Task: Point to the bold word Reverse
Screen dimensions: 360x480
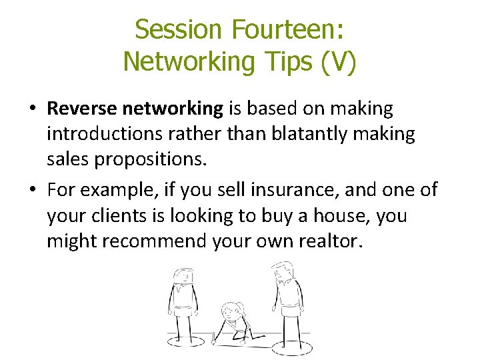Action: click(x=81, y=108)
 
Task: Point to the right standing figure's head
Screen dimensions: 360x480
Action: click(x=283, y=269)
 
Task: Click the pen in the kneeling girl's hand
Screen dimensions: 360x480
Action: click(x=214, y=338)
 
